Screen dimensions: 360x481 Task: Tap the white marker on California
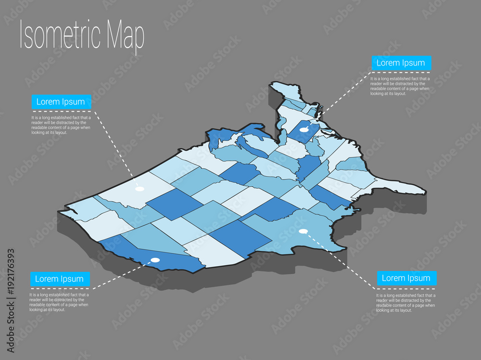point(155,260)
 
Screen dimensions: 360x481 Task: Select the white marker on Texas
point(303,231)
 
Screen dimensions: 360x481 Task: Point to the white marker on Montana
point(139,189)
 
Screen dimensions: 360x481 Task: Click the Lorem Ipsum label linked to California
point(60,279)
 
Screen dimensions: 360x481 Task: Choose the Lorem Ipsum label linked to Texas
point(406,278)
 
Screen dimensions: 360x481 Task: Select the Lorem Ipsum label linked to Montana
point(61,102)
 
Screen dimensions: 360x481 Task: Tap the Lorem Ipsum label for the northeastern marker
point(401,63)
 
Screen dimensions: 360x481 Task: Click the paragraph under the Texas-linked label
point(405,303)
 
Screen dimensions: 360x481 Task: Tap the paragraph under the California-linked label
point(59,302)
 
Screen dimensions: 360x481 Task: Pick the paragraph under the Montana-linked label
point(61,125)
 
